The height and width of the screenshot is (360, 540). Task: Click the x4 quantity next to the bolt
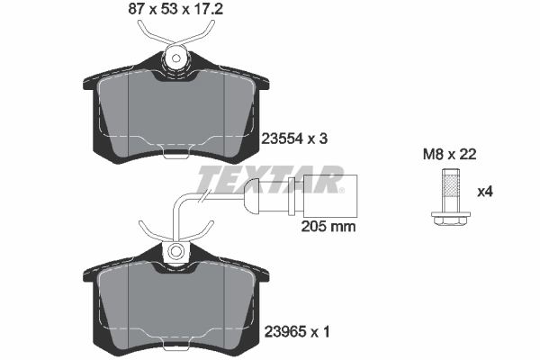tap(485, 191)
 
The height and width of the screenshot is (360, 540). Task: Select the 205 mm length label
tap(327, 227)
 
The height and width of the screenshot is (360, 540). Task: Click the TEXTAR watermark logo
tap(270, 180)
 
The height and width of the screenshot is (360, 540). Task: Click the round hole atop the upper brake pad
tap(176, 58)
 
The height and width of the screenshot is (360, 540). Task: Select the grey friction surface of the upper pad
tap(176, 108)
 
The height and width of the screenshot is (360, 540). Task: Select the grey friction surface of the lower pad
tap(176, 301)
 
